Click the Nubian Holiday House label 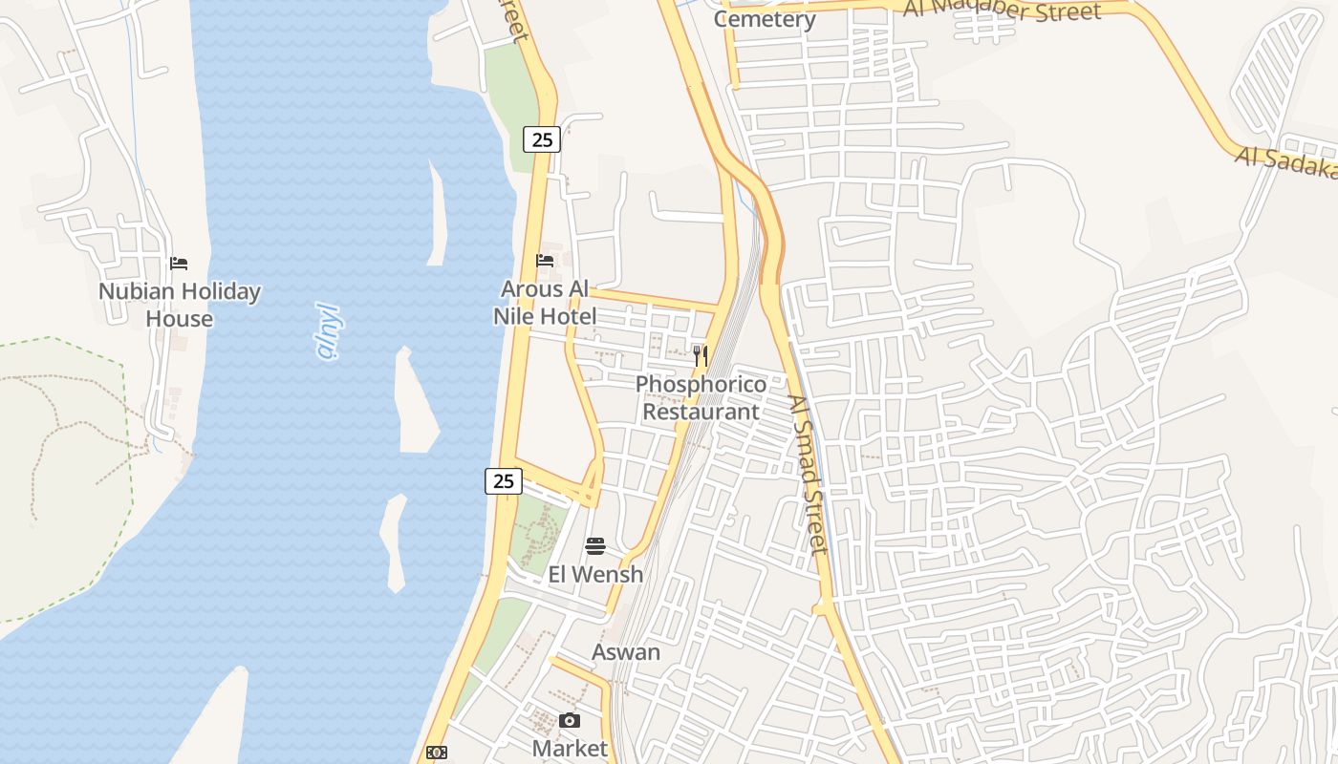tap(180, 305)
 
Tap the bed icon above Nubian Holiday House tap(179, 264)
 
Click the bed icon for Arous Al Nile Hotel tap(545, 260)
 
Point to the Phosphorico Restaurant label tap(701, 397)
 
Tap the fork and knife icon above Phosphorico tap(701, 356)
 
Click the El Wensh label tap(595, 575)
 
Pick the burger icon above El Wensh tap(595, 546)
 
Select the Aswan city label tap(626, 652)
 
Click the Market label tap(570, 748)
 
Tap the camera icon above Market tap(570, 720)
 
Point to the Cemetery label tap(765, 19)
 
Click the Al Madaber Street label tap(1003, 11)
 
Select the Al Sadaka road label tap(1285, 162)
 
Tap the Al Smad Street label tap(808, 475)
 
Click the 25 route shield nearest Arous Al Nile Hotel tap(542, 139)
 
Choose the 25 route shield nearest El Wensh tap(504, 481)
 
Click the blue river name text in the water tap(329, 331)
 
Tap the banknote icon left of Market tap(436, 753)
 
